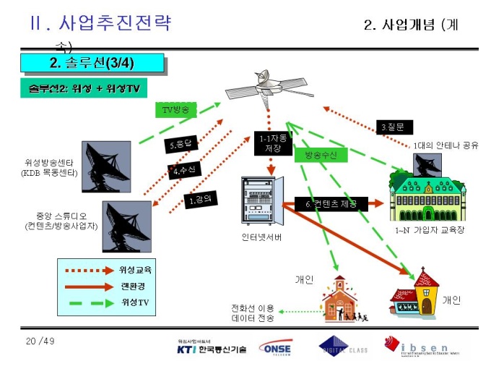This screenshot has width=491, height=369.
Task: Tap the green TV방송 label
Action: pyautogui.click(x=174, y=109)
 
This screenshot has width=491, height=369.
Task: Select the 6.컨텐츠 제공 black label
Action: pyautogui.click(x=330, y=203)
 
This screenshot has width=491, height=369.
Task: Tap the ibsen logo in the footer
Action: pyautogui.click(x=422, y=346)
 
